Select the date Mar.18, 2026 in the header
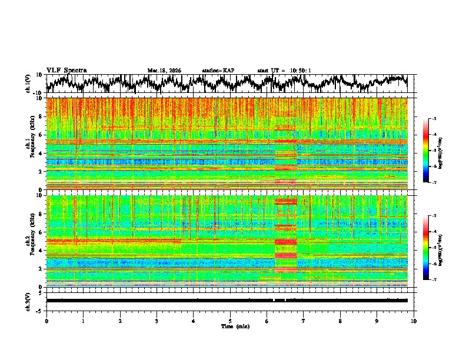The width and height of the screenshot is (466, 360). [164, 71]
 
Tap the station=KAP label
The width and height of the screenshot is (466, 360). [218, 71]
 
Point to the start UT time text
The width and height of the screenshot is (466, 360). [284, 71]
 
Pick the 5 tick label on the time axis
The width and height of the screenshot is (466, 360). [230, 320]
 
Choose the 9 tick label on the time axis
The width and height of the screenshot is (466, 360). [377, 320]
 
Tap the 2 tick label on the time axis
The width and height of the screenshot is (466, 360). [120, 320]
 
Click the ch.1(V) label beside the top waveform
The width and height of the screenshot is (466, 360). [28, 84]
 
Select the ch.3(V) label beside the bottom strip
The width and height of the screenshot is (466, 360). [28, 301]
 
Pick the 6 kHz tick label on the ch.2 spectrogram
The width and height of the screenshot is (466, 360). [41, 232]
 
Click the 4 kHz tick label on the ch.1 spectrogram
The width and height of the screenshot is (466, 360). [41, 153]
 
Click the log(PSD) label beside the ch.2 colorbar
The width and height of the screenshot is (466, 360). [441, 248]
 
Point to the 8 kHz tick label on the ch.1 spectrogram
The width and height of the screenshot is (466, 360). [41, 116]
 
